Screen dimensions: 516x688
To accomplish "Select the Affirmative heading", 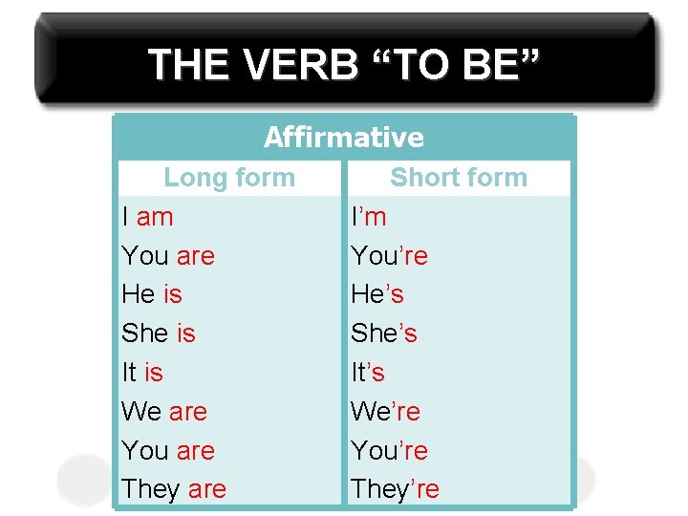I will (344, 138).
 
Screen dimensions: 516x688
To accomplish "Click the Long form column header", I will (229, 178).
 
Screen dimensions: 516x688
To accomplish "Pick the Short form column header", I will (459, 178).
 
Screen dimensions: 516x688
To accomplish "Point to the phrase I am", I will (148, 217).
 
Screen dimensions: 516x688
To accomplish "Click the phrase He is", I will (152, 294).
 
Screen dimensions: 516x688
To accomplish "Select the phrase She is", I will (159, 333).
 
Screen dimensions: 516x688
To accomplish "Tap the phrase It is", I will (142, 373).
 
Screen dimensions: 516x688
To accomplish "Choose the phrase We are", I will (164, 412).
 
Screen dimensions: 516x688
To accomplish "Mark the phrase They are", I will (174, 489).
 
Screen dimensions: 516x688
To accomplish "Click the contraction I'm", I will (369, 217).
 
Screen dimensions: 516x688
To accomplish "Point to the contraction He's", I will (377, 294).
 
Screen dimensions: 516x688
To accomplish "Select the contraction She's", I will (384, 333).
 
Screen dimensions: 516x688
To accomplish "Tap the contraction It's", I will (368, 373).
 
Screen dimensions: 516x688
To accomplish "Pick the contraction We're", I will (385, 412).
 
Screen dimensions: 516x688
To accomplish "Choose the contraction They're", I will (395, 489).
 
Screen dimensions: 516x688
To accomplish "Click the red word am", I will (155, 217).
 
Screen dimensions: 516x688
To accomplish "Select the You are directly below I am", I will (168, 256).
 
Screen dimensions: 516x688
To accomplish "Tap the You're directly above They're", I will (389, 450).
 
